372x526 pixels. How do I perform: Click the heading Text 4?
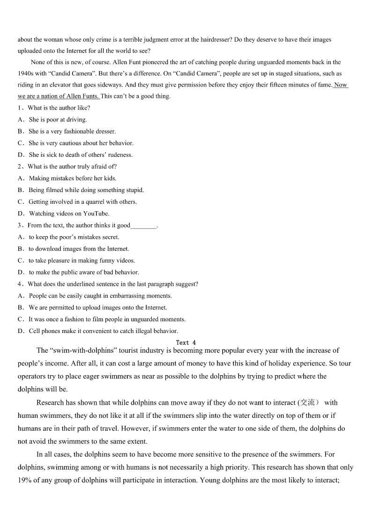(x=186, y=342)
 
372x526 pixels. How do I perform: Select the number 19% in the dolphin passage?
(x=24, y=480)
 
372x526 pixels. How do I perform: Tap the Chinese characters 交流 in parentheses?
(x=310, y=402)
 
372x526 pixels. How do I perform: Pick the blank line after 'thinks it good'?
(x=143, y=226)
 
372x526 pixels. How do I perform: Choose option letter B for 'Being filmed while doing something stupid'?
(x=21, y=190)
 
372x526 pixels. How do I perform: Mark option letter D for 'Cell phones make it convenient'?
(x=21, y=331)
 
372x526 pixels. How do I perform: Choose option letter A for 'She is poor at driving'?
(x=21, y=119)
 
